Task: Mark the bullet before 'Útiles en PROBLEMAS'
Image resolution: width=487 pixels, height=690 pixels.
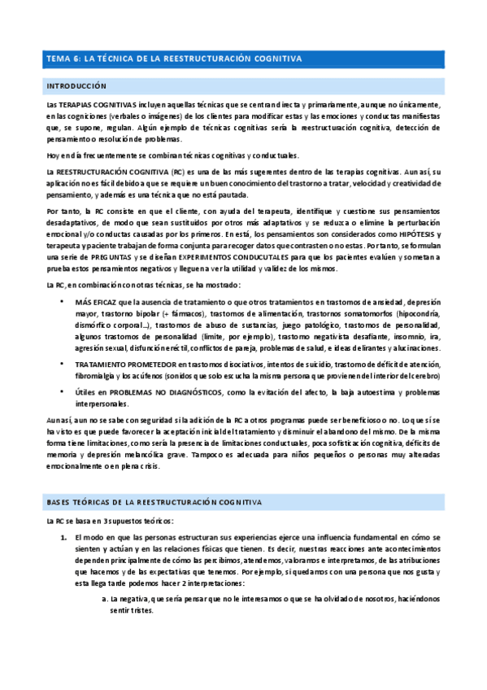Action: [x=63, y=392]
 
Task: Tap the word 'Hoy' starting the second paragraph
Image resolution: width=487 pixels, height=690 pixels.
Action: [x=54, y=155]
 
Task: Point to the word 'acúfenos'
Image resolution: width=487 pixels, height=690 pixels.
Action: [x=146, y=378]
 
